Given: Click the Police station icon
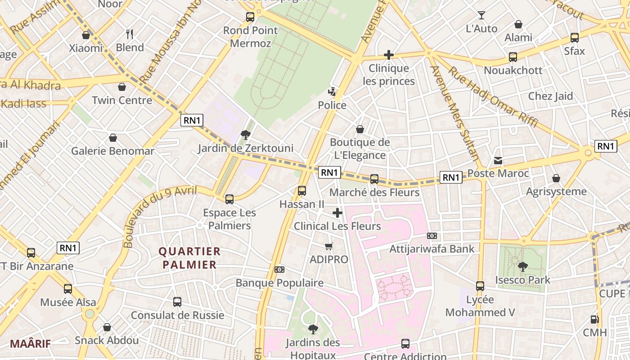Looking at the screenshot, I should click(332, 92).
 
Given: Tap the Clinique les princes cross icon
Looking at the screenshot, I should click(389, 55).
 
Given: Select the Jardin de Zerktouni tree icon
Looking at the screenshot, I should click(246, 135).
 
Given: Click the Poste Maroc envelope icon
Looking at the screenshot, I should click(498, 161).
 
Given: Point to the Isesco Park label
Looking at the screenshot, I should click(522, 280).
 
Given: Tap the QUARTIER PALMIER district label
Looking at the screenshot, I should click(189, 258).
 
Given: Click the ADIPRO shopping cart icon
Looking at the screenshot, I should click(329, 246).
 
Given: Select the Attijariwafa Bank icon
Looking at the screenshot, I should click(432, 236).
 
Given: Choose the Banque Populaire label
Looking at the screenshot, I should click(279, 283).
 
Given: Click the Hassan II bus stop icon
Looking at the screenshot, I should click(302, 191).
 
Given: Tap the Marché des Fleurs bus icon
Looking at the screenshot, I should click(374, 179).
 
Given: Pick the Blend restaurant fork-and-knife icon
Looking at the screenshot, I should click(130, 34).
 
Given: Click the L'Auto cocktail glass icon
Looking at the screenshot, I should click(481, 15).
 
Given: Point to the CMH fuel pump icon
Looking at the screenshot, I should click(595, 319).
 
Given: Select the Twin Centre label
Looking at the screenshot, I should click(122, 100).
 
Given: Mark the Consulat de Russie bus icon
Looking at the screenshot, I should click(177, 302).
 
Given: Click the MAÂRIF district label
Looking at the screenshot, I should click(30, 344).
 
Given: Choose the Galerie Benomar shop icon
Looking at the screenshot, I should click(113, 138).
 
